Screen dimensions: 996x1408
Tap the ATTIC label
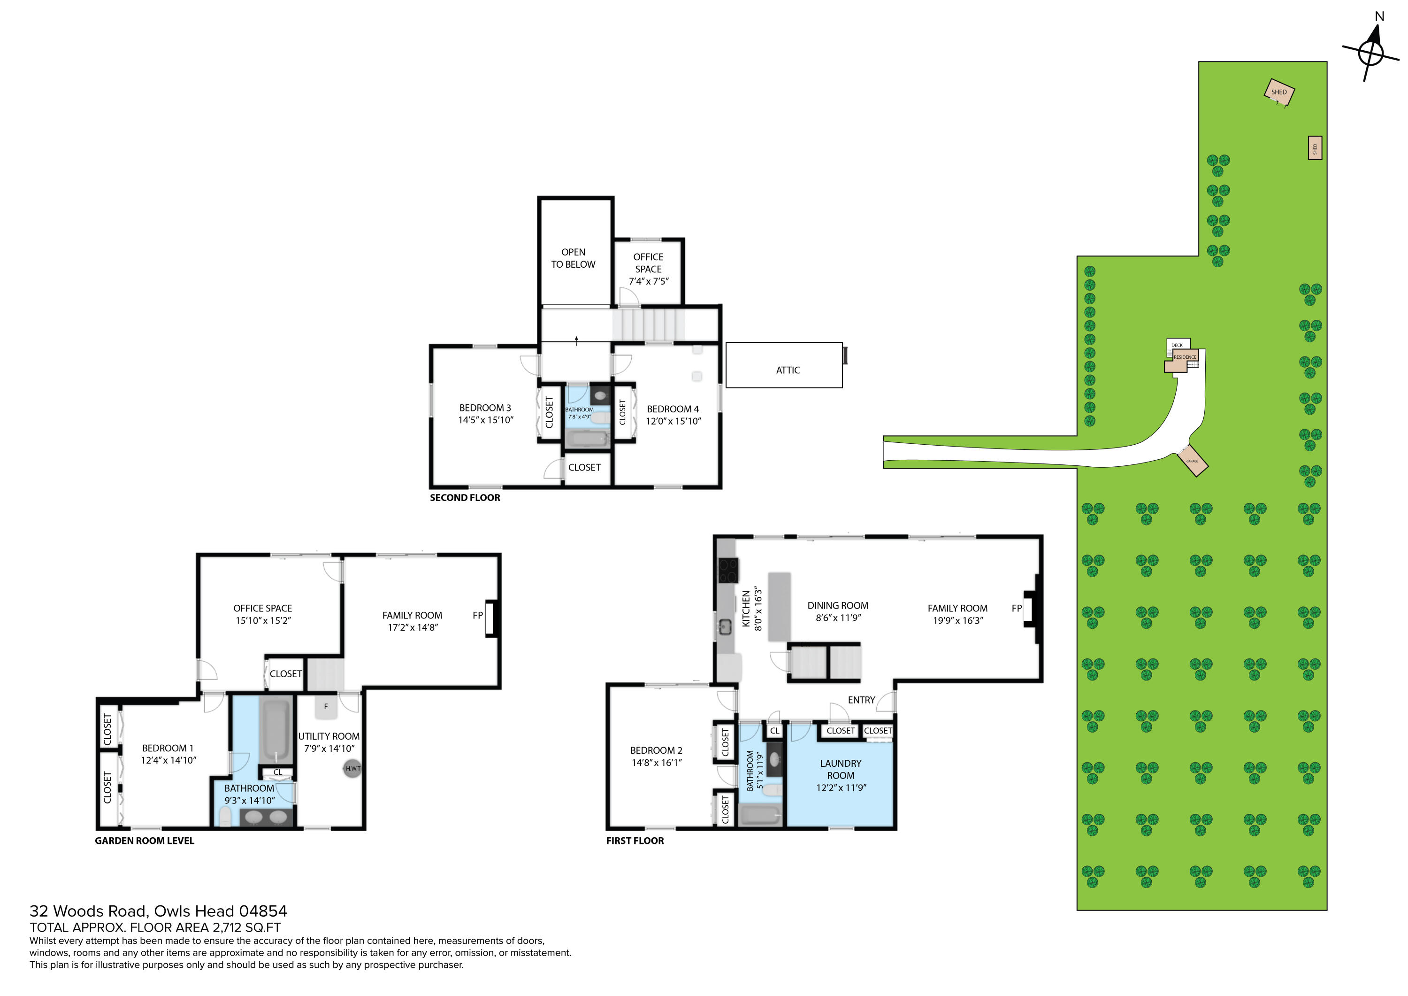click(788, 370)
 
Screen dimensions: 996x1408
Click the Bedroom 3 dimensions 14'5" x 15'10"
click(486, 420)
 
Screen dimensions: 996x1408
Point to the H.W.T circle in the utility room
click(352, 768)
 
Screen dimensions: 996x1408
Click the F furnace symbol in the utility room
click(326, 707)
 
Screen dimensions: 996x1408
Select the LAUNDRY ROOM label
click(840, 770)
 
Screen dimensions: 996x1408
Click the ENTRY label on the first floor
click(861, 700)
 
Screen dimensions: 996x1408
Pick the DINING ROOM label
click(838, 606)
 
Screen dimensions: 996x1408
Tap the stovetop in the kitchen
click(728, 570)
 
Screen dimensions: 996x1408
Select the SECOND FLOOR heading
click(465, 498)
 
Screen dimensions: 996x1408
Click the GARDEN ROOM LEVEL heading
click(144, 841)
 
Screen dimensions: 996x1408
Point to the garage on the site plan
click(1192, 461)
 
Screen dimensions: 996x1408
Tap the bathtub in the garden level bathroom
click(275, 730)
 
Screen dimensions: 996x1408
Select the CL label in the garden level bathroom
click(278, 772)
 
